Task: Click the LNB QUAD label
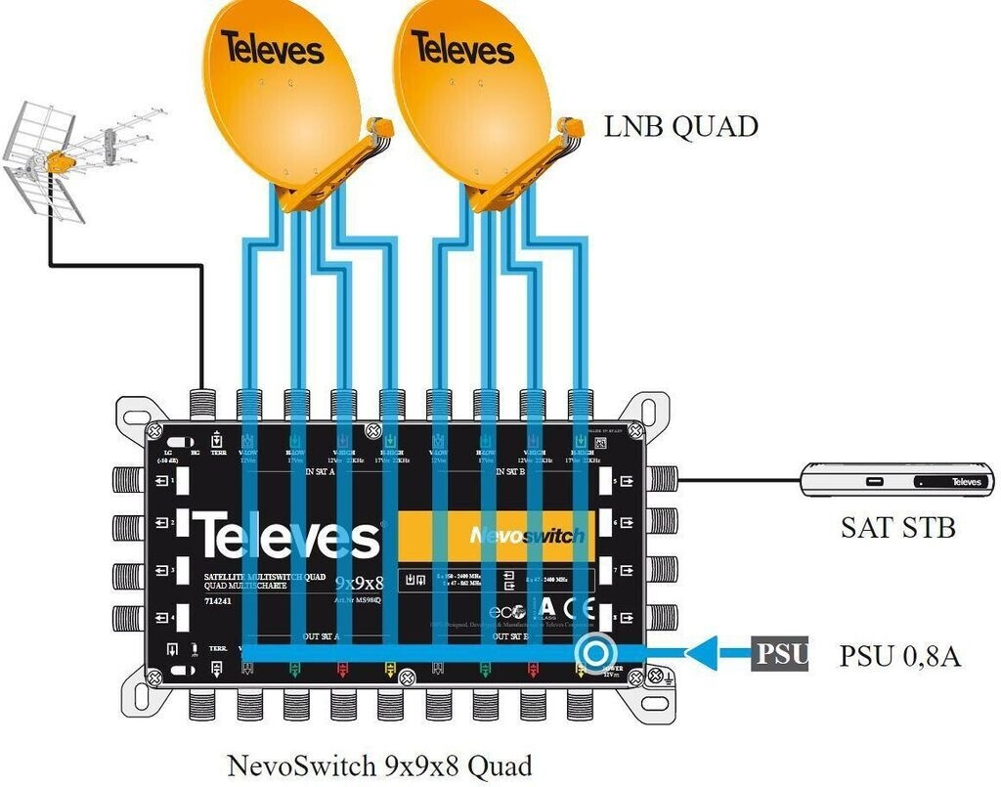[681, 126]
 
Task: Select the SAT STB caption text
[897, 528]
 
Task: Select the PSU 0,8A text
[899, 655]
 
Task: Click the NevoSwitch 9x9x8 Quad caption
[379, 765]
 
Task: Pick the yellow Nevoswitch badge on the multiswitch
[496, 535]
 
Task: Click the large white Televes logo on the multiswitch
[288, 536]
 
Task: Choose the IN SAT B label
[511, 471]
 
